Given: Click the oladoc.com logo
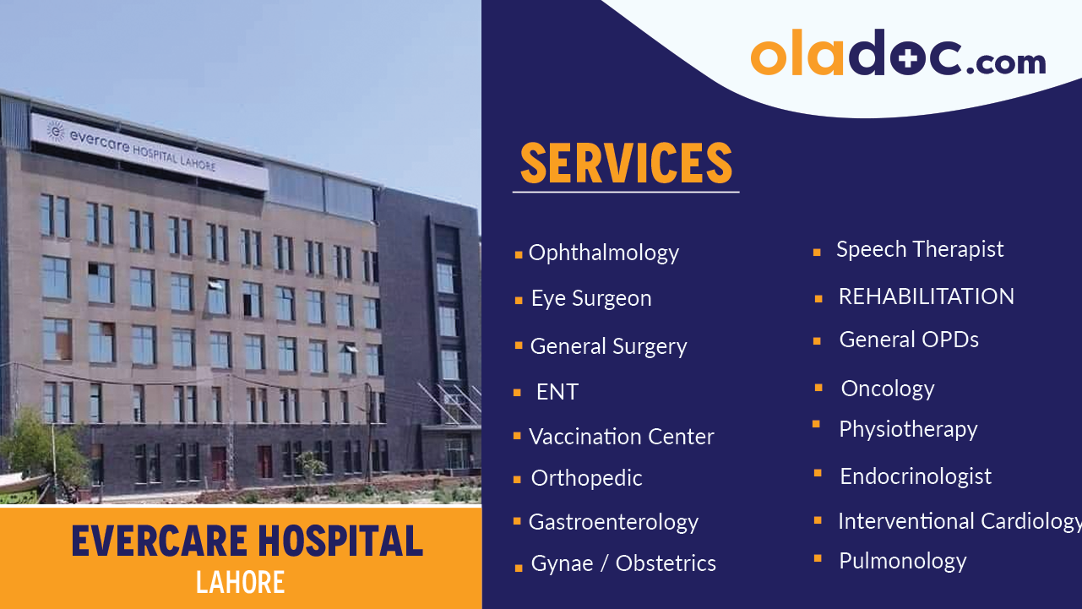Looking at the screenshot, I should tap(897, 55).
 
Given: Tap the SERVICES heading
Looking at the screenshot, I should tap(626, 163).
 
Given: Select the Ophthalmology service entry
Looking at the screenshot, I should tap(603, 253).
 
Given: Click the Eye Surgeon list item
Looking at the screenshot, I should tap(590, 298).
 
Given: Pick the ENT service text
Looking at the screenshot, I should tap(557, 392).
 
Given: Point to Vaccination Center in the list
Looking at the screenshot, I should tap(621, 437).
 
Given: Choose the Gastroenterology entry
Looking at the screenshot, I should tap(613, 522).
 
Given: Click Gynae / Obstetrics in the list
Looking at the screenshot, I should tap(623, 563).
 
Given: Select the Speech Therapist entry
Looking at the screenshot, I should tap(920, 249).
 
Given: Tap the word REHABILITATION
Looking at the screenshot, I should tap(926, 296).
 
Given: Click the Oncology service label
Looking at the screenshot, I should tap(887, 389).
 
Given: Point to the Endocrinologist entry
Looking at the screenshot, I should tap(916, 476).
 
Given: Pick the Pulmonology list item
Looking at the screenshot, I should tap(902, 561).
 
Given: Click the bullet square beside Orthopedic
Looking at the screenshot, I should tap(517, 480).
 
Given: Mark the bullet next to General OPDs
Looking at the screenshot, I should tap(818, 341).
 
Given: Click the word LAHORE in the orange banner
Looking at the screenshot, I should tap(240, 582).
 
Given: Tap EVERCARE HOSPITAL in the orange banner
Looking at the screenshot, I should tap(247, 541).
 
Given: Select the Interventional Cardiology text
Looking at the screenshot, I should tap(959, 521).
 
